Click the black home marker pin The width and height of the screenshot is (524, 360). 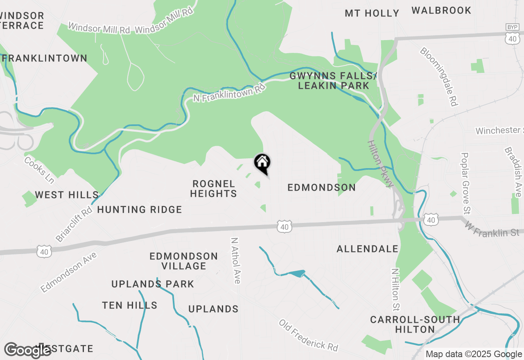click(262, 163)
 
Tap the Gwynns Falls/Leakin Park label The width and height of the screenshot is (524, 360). click(333, 81)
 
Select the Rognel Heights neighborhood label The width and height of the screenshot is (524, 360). click(214, 189)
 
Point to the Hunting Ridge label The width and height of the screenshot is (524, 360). click(140, 209)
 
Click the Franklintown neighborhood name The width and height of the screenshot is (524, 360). click(45, 58)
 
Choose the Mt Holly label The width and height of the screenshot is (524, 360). click(372, 13)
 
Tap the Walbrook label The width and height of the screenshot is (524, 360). click(441, 11)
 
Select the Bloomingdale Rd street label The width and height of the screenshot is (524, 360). click(438, 76)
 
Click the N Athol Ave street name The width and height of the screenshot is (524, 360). click(235, 261)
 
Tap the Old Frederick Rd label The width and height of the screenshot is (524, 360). click(309, 335)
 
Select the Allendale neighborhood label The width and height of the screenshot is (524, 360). click(367, 249)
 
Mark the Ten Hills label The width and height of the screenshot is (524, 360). click(129, 305)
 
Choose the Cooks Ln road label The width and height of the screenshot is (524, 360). click(39, 170)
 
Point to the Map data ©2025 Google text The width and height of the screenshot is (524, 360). click(474, 354)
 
